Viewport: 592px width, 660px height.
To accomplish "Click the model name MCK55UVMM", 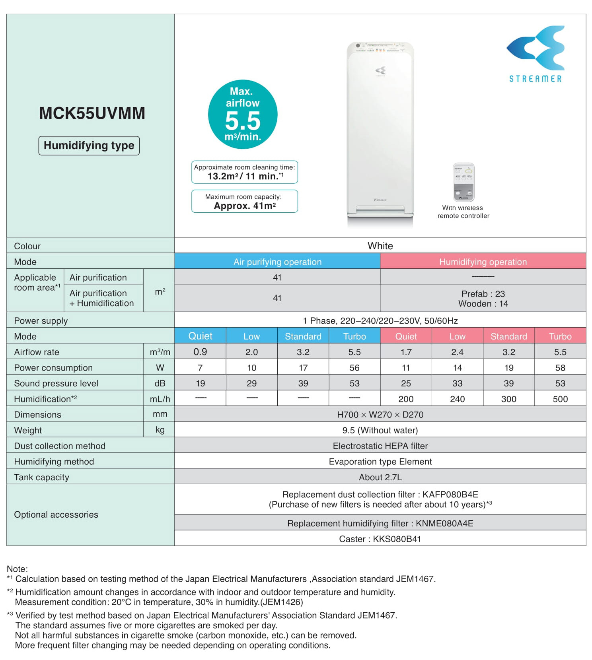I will pyautogui.click(x=92, y=113).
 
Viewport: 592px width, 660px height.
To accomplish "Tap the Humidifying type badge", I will pyautogui.click(x=89, y=146).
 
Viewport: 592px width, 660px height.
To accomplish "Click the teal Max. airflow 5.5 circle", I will pyautogui.click(x=243, y=115).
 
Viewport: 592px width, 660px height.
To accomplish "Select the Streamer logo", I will pyautogui.click(x=536, y=54).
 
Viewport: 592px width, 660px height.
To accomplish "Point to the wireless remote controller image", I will pyautogui.click(x=463, y=182).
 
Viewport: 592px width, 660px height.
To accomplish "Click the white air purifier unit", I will pyautogui.click(x=380, y=133).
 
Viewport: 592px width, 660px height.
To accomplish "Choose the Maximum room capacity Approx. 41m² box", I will pyautogui.click(x=244, y=202).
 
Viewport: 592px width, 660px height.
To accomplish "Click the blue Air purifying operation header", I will pyautogui.click(x=277, y=262).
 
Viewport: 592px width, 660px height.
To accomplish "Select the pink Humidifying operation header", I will pyautogui.click(x=483, y=262).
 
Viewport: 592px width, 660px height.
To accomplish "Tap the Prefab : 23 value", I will pyautogui.click(x=483, y=294).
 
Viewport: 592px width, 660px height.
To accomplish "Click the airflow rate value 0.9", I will pyautogui.click(x=200, y=352).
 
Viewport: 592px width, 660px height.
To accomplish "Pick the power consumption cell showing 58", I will pyautogui.click(x=560, y=368).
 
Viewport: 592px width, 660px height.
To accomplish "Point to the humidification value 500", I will pyautogui.click(x=560, y=399).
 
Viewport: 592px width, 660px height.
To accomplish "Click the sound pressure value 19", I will pyautogui.click(x=200, y=383).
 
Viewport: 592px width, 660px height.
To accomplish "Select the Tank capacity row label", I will pyautogui.click(x=42, y=477).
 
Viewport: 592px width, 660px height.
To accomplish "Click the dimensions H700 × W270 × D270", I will pyautogui.click(x=380, y=415).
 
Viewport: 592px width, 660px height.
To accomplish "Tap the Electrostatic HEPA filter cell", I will pyautogui.click(x=380, y=446).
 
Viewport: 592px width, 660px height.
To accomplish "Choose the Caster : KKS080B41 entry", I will pyautogui.click(x=380, y=539).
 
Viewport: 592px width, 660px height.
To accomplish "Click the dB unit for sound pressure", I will pyautogui.click(x=160, y=383).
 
